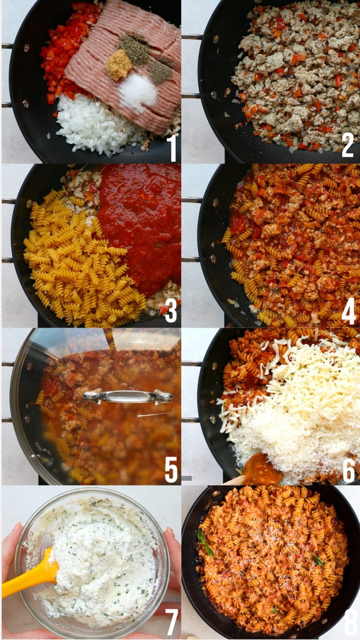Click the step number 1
(x=171, y=148)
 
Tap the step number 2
(x=348, y=145)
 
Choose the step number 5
(x=171, y=470)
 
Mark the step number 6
(x=348, y=471)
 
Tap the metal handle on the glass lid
(x=127, y=396)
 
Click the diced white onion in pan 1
(x=92, y=125)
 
